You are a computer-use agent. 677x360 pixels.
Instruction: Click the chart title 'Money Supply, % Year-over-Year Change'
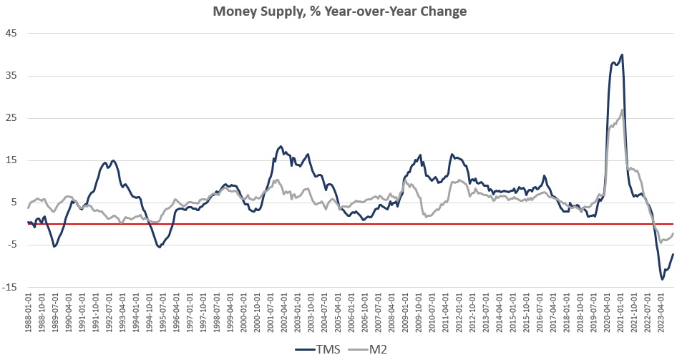pos(338,12)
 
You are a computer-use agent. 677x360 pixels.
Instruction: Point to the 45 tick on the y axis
pos(11,33)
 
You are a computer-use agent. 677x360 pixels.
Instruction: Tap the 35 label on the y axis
pos(11,75)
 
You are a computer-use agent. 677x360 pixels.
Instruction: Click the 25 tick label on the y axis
pos(11,118)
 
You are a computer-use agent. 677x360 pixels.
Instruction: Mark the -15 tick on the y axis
pos(10,288)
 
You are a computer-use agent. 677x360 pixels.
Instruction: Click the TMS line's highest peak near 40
pos(622,54)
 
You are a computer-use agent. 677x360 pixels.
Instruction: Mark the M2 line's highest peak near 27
pos(623,110)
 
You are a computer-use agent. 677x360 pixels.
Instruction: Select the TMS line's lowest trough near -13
pos(662,279)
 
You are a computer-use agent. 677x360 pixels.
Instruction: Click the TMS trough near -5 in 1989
pos(54,246)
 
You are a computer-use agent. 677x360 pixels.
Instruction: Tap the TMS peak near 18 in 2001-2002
pos(281,147)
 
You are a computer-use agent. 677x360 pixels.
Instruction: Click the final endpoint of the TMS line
pos(673,255)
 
